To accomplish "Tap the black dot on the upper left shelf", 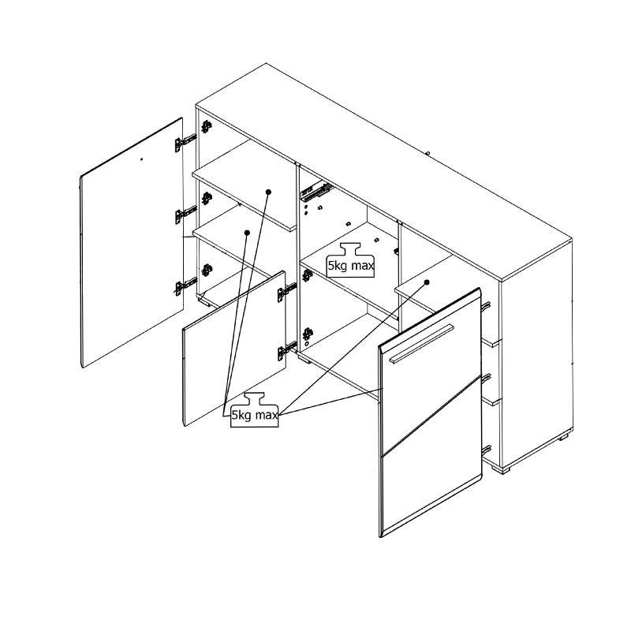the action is click(269, 192).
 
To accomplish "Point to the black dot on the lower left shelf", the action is click(247, 233).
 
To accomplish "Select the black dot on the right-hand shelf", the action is click(427, 282).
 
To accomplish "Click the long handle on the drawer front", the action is click(421, 343).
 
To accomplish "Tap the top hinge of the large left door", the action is click(185, 143).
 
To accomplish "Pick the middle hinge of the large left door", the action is click(185, 214).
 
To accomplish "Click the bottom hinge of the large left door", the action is click(185, 286).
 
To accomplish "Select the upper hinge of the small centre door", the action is click(287, 292).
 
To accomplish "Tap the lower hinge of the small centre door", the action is click(287, 350).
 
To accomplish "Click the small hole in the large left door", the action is click(141, 159).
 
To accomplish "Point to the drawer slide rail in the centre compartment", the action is click(317, 192).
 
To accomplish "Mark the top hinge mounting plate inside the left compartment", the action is click(207, 126).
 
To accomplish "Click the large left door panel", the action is click(132, 243).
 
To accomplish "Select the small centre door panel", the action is click(234, 349).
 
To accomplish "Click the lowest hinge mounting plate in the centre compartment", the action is click(308, 334).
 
